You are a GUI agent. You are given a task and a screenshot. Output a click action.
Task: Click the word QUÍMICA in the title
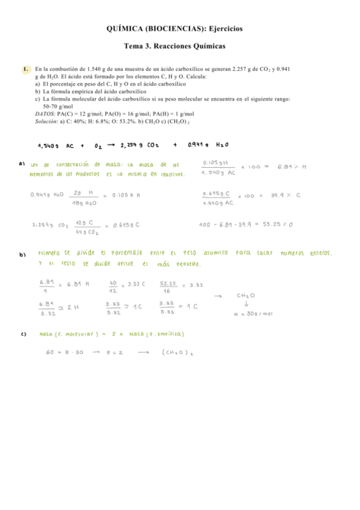[127, 28]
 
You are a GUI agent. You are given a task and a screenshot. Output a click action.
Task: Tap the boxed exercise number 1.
[26, 70]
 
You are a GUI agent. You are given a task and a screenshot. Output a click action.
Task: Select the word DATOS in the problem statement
[46, 113]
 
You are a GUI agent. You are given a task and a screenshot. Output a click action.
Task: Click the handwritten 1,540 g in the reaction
[48, 145]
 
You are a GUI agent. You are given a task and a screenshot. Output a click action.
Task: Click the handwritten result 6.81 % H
[292, 167]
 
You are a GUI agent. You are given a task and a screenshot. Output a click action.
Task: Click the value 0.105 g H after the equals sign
[125, 195]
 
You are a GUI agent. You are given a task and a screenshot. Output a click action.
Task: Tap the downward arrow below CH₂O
[247, 304]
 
